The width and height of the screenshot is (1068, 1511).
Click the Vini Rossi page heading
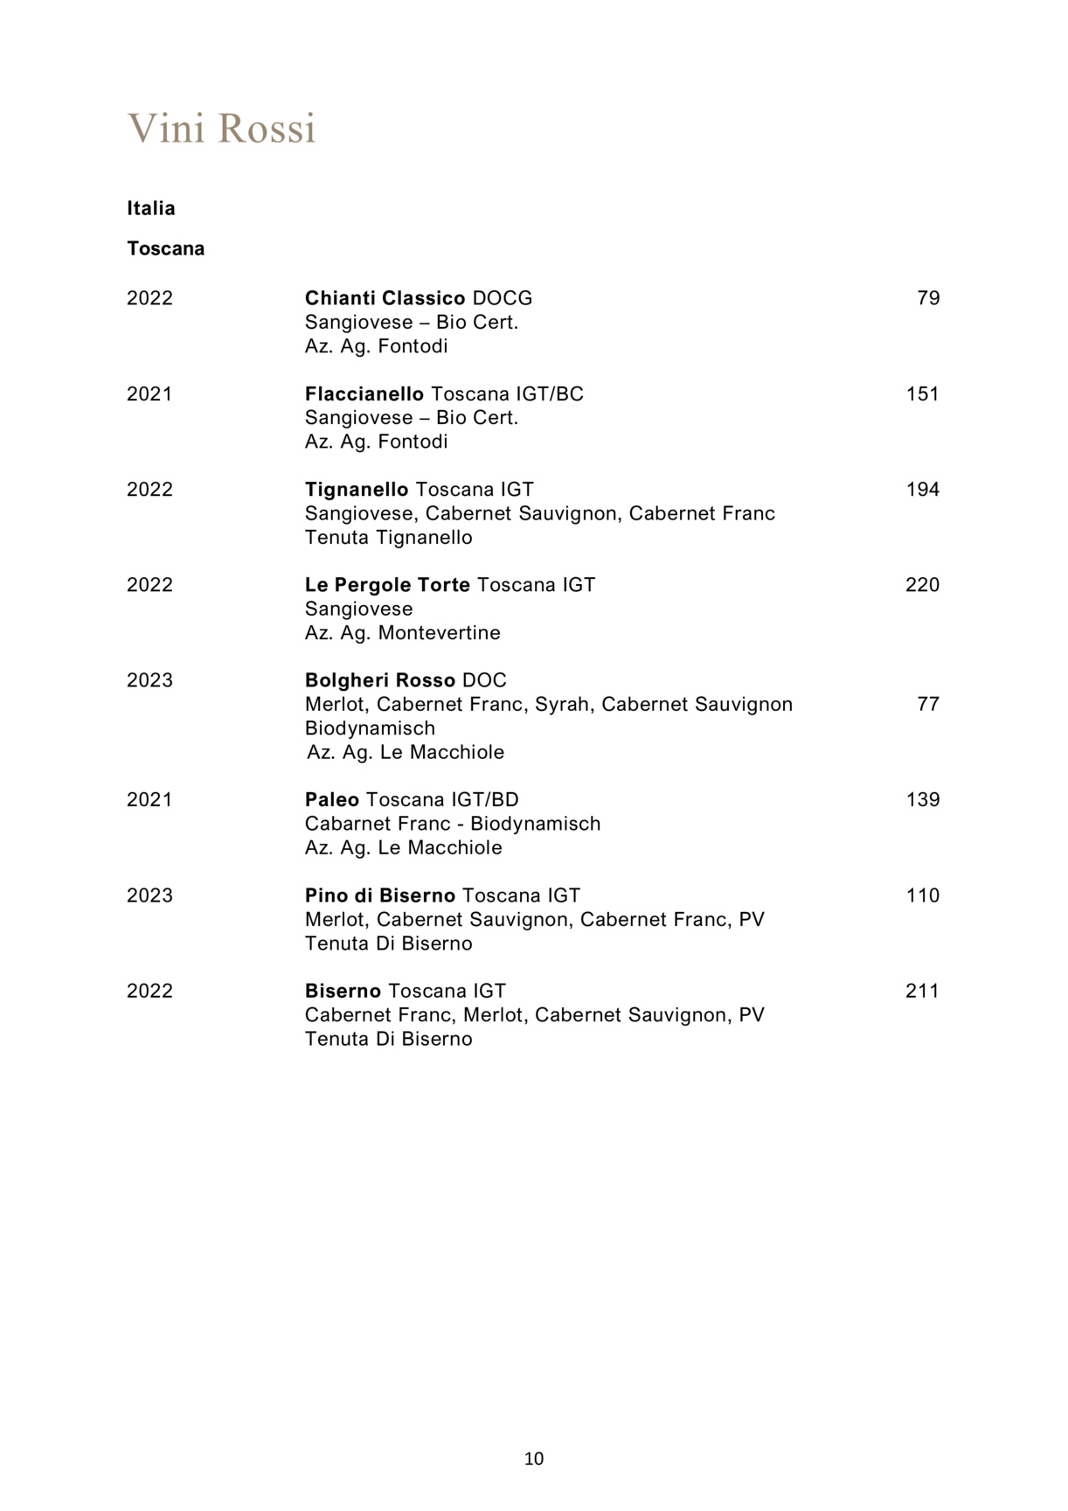221,129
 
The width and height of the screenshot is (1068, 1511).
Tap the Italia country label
151,208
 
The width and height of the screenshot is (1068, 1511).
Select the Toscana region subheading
166,248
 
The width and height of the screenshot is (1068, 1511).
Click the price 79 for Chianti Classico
928,298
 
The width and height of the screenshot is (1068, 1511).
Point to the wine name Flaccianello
364,393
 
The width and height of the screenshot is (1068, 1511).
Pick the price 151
923,393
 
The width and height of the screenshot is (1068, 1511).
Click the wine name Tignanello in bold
357,489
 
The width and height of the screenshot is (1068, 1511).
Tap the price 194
923,489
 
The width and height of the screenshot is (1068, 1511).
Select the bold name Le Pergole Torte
387,584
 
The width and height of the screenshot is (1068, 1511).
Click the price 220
923,584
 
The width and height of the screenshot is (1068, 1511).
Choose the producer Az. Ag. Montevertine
403,632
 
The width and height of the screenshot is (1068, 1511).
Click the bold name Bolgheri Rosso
380,680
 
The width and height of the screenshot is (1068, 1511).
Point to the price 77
928,704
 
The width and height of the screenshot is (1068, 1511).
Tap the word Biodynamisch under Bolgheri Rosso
370,728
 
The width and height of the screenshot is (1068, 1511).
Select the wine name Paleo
332,799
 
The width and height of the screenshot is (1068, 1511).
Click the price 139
923,799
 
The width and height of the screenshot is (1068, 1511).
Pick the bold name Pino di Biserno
380,895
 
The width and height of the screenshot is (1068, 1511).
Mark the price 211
923,991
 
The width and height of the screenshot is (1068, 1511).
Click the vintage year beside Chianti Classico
150,298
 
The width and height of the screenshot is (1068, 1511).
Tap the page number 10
534,1459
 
